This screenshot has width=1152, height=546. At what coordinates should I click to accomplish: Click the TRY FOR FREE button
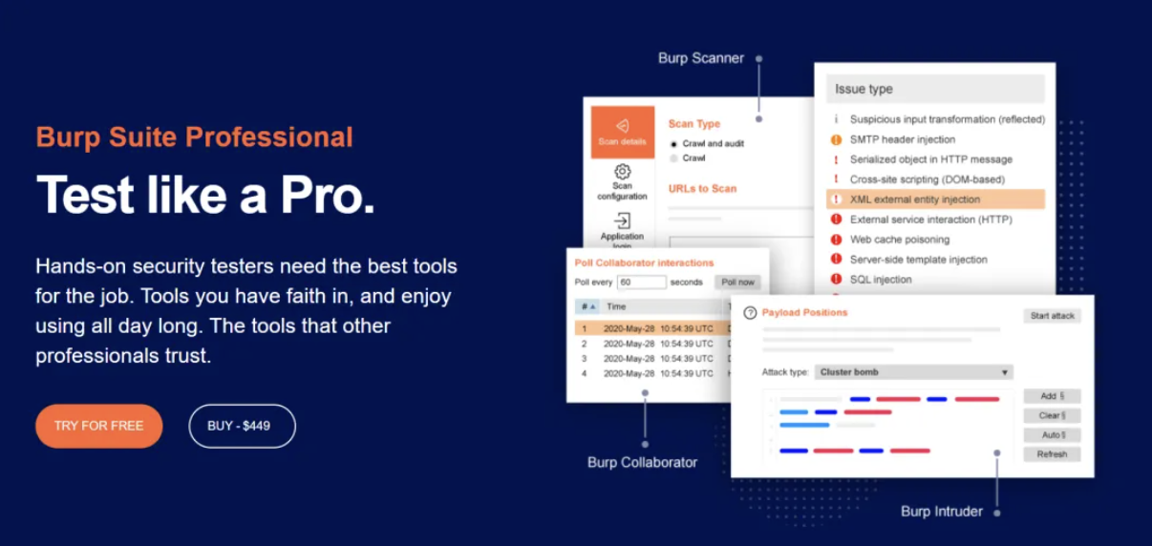coord(98,426)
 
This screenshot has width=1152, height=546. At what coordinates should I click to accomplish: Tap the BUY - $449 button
coord(243,426)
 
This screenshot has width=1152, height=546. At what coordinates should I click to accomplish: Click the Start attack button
coord(1053,316)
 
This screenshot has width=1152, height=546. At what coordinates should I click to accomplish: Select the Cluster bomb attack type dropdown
coord(914,371)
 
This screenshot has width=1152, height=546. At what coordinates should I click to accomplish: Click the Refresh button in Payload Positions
coord(1052,454)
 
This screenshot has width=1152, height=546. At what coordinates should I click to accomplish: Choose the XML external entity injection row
coord(935,199)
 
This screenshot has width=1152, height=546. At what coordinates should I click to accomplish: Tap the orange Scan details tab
coord(622,132)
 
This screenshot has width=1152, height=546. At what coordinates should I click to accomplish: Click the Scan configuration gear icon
coord(622,171)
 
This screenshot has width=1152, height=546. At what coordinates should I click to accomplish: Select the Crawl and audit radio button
coord(673,144)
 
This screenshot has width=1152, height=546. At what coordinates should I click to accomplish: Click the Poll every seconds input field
coord(641,282)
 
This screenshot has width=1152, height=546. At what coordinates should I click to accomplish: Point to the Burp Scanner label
coord(701,58)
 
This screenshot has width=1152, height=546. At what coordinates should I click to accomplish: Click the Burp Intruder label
coord(942,511)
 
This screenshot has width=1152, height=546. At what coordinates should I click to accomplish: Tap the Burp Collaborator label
coord(642,462)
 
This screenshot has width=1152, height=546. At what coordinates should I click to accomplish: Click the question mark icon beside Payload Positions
coord(750,312)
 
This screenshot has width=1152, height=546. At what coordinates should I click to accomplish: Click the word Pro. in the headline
coord(327,196)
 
